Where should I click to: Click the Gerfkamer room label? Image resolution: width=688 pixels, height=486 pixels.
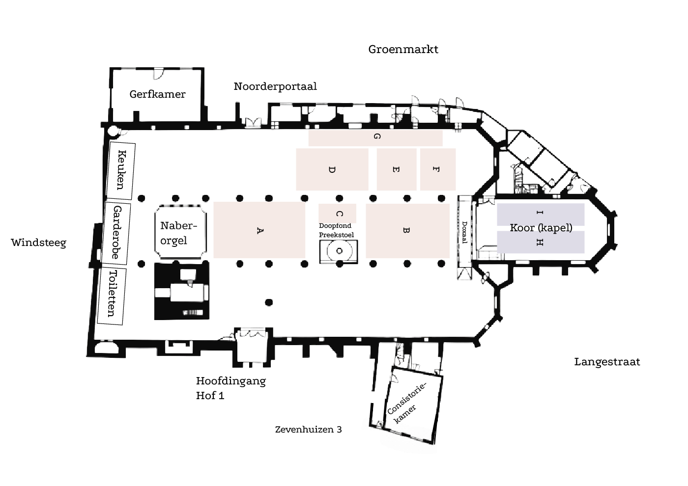[157, 94]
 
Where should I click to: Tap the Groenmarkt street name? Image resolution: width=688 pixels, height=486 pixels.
[403, 49]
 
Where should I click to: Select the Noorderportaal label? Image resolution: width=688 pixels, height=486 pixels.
[275, 86]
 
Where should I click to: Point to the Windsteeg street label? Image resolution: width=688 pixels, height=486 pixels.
[38, 243]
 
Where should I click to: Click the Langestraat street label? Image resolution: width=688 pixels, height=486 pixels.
[607, 362]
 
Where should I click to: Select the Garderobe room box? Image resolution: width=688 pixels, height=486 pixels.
[117, 232]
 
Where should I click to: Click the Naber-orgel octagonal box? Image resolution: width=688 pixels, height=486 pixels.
[178, 233]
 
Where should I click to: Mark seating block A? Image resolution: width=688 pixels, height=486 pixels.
[259, 230]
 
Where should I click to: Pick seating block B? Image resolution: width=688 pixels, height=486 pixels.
[407, 230]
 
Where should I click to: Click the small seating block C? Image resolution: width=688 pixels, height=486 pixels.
[338, 214]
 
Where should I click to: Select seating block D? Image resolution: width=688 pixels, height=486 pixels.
[332, 169]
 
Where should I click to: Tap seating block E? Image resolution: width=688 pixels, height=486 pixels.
[396, 169]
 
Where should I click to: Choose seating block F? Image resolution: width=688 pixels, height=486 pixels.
[437, 169]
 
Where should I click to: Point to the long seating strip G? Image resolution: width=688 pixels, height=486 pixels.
[375, 137]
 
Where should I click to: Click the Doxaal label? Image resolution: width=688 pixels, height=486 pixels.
[464, 232]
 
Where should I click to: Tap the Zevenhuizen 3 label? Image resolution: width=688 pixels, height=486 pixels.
[308, 430]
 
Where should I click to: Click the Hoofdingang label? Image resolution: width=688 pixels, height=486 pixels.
[230, 381]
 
